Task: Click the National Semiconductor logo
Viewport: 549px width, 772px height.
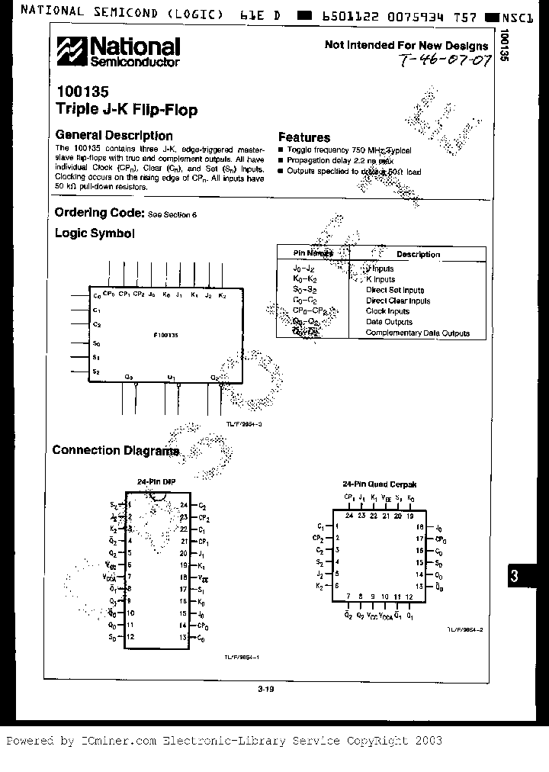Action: point(118,53)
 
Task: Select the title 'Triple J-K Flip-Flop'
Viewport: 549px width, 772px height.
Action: point(127,109)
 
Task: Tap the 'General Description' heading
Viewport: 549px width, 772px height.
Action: point(114,136)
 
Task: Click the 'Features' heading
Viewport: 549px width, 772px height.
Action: point(303,137)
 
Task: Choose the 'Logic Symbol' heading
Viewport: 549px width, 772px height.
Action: point(95,233)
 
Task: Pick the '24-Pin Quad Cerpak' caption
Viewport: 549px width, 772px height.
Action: point(378,484)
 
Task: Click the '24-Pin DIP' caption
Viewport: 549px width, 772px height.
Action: point(156,482)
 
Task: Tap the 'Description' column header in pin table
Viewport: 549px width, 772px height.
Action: point(418,255)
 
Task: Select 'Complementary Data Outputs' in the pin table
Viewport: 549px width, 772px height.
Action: point(417,333)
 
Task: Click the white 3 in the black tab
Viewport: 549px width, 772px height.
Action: point(514,577)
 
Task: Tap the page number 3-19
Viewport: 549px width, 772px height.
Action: point(265,690)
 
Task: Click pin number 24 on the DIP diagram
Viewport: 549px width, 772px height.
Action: point(185,505)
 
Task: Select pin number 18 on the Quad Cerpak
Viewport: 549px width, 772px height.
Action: point(419,527)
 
